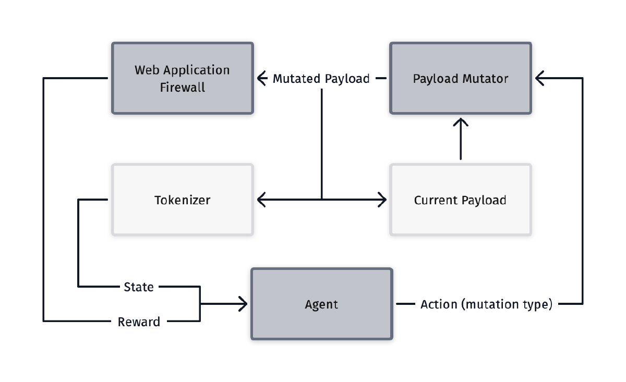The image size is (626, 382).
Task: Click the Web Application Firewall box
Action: coord(183,78)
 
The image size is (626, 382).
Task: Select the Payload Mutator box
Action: coord(461,78)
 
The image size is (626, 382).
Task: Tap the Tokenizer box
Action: coord(183,200)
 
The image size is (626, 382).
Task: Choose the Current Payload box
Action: coord(461,200)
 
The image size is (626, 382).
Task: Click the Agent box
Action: coord(321,304)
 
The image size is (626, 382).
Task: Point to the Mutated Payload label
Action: coord(321,79)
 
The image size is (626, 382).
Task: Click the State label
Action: coord(139,287)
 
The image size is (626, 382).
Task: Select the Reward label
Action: coord(139,322)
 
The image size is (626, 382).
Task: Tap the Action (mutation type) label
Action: coord(486,304)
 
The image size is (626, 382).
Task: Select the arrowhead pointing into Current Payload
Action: coord(383,199)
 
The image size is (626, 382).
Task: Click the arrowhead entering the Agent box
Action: coord(244,304)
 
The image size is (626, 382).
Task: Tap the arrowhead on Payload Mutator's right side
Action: coord(538,79)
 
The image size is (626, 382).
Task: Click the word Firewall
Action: coord(182,87)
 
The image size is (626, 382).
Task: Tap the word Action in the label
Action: coord(439,304)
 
